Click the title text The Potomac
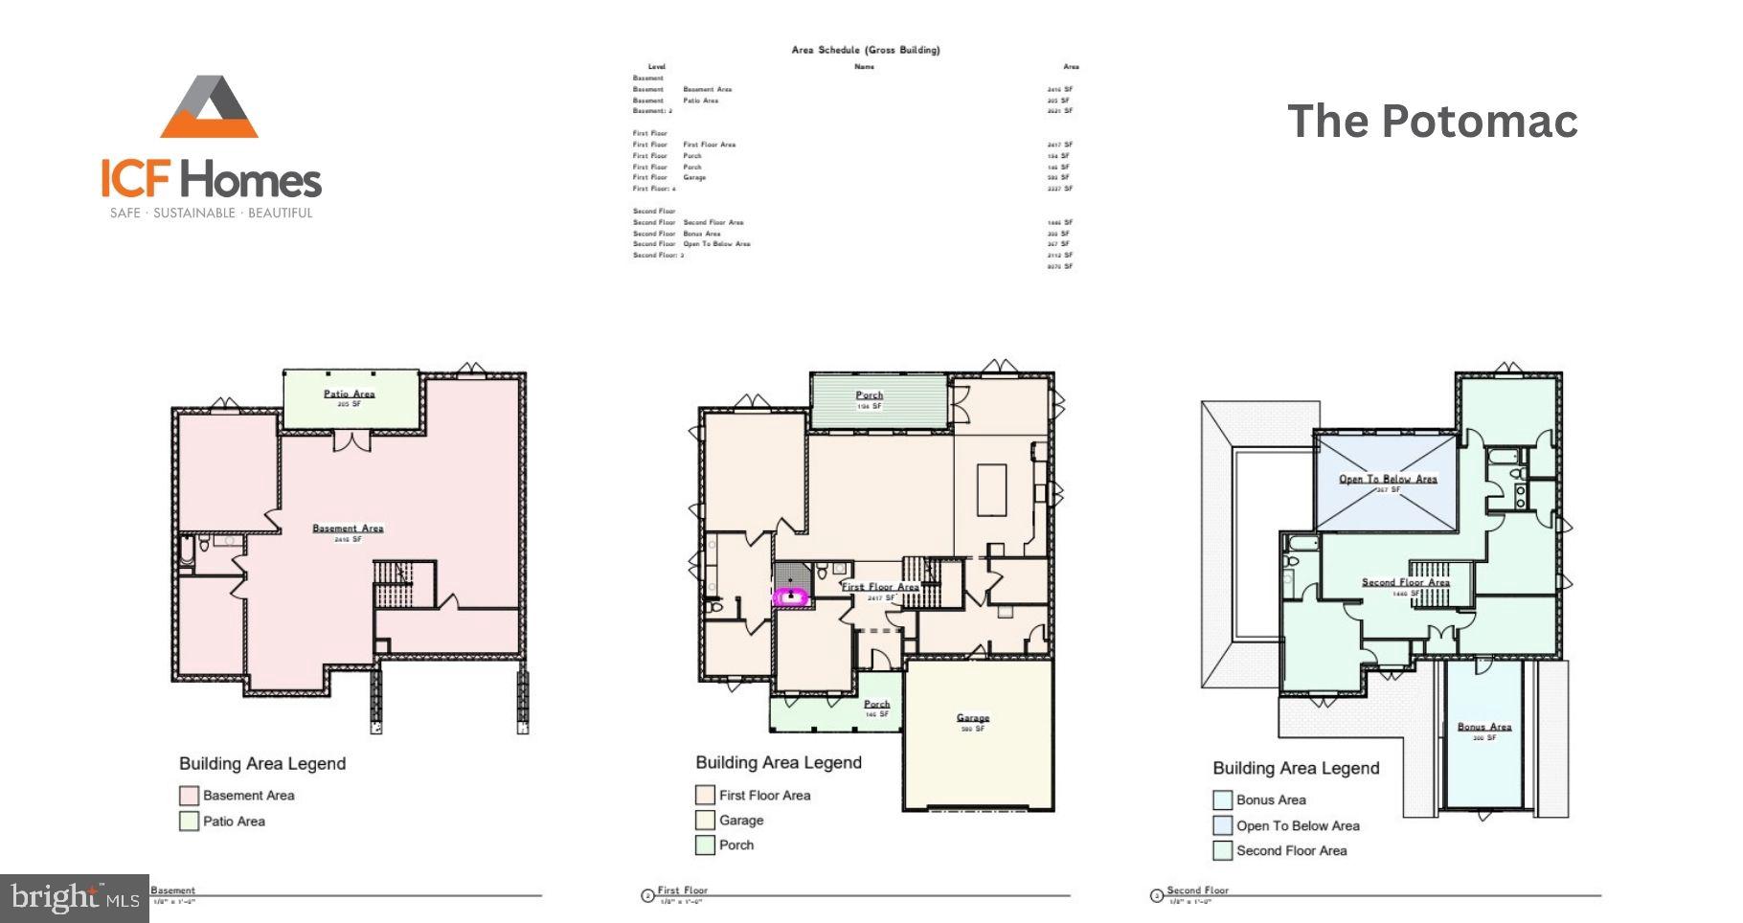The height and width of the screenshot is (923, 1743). coord(1432,122)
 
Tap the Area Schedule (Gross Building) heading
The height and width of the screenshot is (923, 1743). coord(865,50)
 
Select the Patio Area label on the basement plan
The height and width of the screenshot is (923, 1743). coord(349,394)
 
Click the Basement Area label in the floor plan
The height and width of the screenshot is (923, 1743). coord(348,529)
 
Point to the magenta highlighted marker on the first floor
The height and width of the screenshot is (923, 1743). coord(791,597)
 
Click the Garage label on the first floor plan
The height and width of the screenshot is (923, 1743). coord(972,718)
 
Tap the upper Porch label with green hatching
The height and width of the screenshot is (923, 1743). coord(869,395)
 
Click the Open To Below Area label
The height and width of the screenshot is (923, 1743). coord(1388,479)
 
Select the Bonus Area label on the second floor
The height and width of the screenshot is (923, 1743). coord(1483,727)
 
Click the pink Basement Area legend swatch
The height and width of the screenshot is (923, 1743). coord(189,796)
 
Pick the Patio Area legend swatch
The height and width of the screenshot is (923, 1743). coord(189,822)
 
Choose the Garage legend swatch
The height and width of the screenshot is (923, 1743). coord(705,821)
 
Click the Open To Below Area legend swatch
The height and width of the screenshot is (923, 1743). coord(1222,825)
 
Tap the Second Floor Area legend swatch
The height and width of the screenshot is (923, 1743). coord(1222,850)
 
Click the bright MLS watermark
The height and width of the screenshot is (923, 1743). coord(75,898)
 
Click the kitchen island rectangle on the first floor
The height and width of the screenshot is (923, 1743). coord(991,490)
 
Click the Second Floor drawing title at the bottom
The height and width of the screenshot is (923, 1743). coord(1197,890)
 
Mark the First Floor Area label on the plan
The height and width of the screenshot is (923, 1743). coord(880,587)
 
